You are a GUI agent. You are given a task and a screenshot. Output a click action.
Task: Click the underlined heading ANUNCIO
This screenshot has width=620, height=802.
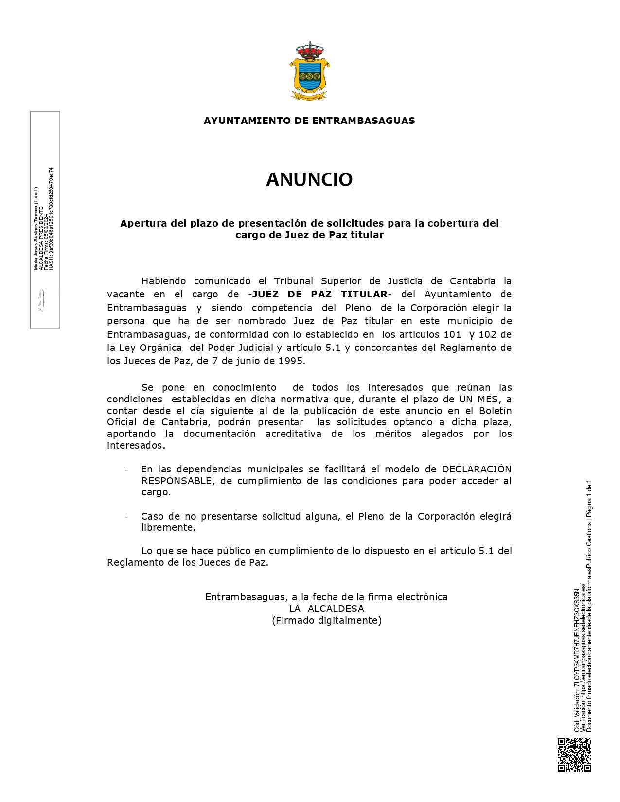309,180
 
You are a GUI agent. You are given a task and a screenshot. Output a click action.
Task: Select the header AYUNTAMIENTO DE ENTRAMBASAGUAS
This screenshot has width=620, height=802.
309,121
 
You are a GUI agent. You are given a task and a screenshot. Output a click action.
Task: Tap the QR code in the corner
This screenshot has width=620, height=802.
574,755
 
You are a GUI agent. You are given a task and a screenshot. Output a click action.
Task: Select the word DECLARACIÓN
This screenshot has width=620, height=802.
477,469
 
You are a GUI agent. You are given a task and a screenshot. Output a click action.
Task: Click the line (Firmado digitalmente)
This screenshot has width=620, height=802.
327,620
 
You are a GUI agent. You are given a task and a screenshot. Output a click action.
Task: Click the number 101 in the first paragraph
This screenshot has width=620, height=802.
452,334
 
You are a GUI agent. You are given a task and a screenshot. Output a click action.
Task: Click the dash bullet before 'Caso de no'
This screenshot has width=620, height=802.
127,516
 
